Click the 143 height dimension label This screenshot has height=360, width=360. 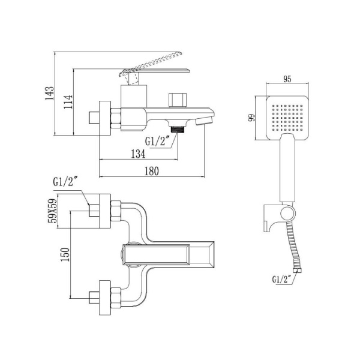click(x=50, y=94)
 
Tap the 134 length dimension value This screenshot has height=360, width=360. click(x=139, y=154)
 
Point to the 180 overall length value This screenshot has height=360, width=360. click(x=151, y=172)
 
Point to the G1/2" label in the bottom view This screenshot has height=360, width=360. click(x=65, y=180)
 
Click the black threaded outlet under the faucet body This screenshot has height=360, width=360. click(x=178, y=128)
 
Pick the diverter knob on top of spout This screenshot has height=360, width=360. click(x=178, y=97)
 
